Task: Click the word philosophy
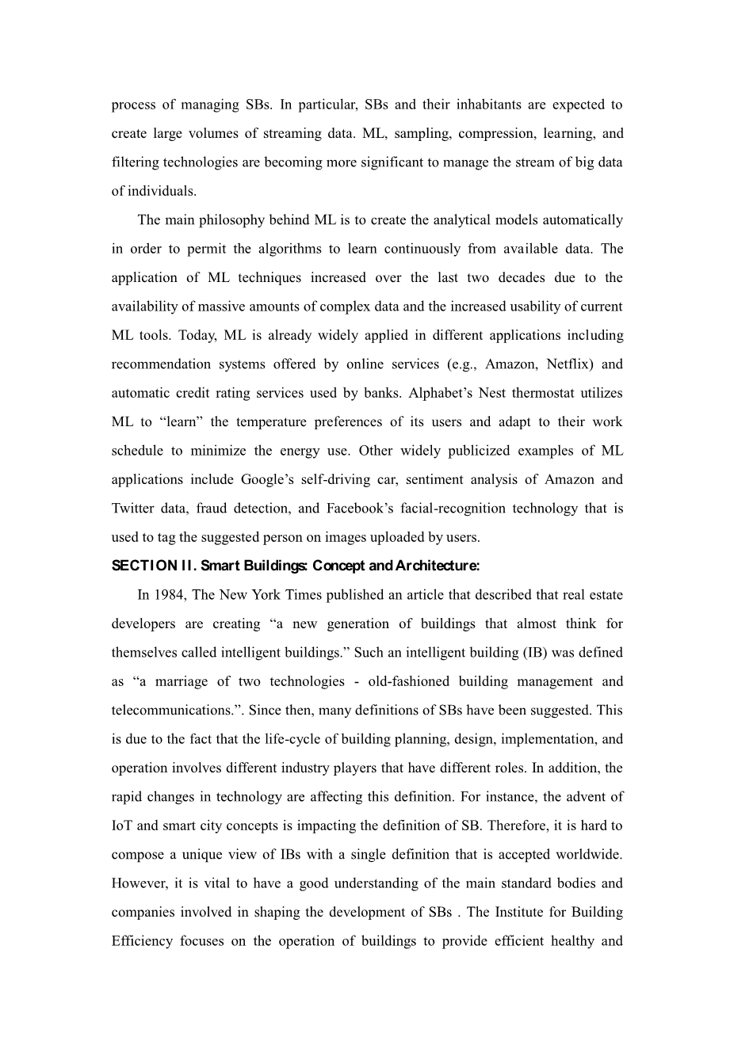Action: point(229,220)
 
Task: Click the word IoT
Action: point(122,825)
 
